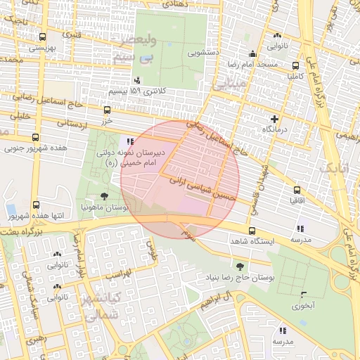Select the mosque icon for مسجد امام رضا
(252, 53)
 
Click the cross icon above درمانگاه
(274, 118)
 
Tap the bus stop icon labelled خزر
(107, 110)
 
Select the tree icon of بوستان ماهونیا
(105, 197)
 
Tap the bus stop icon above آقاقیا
(297, 189)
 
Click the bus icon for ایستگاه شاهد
(252, 230)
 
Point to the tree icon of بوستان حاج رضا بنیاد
(240, 266)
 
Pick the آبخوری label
(304, 306)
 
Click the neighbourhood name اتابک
(333, 169)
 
